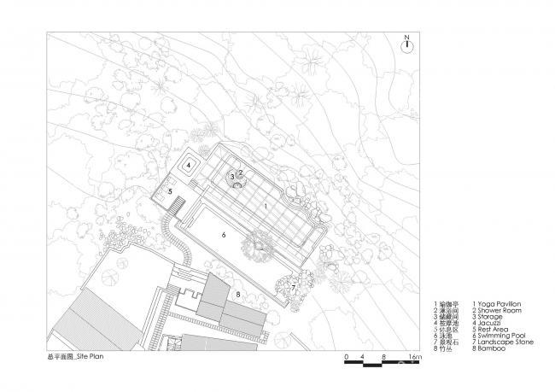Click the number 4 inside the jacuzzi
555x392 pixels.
[188, 166]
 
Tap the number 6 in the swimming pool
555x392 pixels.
[223, 233]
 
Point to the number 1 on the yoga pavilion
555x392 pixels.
[266, 207]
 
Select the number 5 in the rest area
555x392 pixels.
[170, 192]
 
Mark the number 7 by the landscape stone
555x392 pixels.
[293, 288]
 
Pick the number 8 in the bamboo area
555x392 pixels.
[238, 295]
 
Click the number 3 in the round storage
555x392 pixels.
[231, 177]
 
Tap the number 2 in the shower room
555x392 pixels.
[241, 172]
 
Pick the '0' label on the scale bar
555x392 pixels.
[347, 355]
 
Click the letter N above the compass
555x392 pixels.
[408, 38]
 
